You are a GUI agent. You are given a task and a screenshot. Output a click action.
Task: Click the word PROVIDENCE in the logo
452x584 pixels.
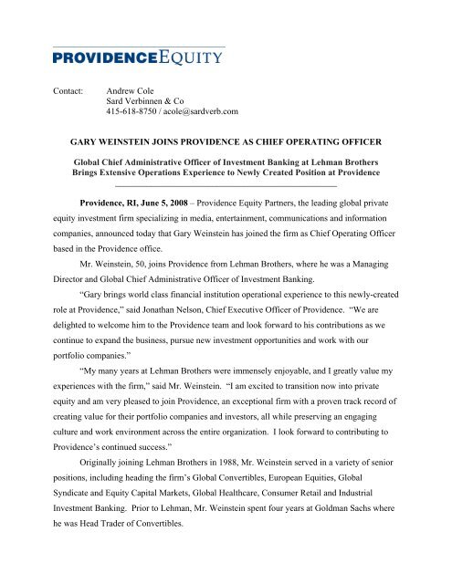[94, 61]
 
